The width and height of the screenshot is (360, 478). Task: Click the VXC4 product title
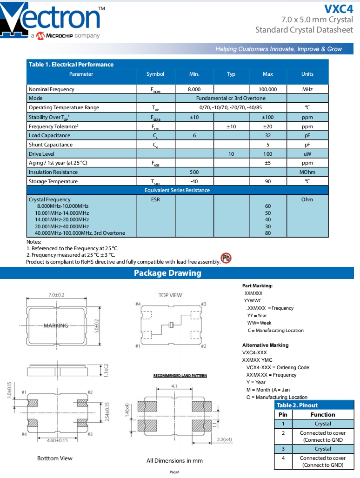pos(338,8)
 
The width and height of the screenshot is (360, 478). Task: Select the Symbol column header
pos(155,74)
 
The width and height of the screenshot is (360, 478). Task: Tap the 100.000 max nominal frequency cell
pos(267,89)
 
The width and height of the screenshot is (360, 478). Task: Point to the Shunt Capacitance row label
pos(51,145)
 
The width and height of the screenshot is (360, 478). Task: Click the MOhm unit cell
pos(307,172)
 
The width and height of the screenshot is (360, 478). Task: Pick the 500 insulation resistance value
pos(194,172)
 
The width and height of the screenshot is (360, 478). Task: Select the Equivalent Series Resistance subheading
pos(177,190)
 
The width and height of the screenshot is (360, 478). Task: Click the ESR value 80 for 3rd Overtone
pos(267,233)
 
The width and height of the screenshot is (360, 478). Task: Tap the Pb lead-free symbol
pos(226,259)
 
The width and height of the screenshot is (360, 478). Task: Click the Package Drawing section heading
pos(167,273)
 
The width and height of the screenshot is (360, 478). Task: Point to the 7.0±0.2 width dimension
pos(56,295)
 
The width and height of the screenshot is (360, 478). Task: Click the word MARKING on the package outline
pos(56,325)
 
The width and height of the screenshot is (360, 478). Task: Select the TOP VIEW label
pos(170,295)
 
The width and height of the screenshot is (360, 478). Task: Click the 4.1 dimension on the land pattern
pos(174,386)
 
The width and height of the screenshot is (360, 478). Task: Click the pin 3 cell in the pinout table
pos(283,449)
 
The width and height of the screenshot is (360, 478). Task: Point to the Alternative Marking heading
pos(265,345)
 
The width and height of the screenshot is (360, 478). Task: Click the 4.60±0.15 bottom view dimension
pos(58,440)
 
